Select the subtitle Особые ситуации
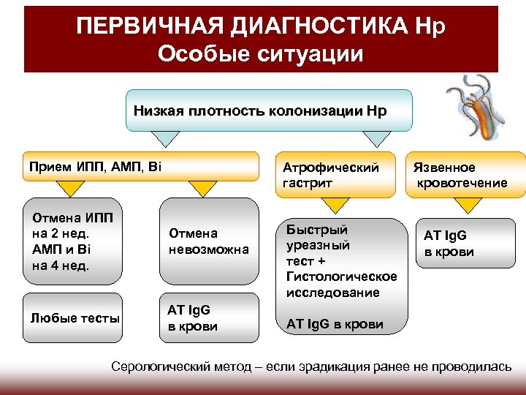(x=260, y=55)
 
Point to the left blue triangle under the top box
(x=167, y=139)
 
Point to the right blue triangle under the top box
(x=377, y=139)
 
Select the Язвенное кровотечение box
(x=465, y=175)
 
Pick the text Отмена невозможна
(x=208, y=241)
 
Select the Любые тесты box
(x=75, y=317)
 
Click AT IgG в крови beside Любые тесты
(x=193, y=318)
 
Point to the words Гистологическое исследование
(x=342, y=285)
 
